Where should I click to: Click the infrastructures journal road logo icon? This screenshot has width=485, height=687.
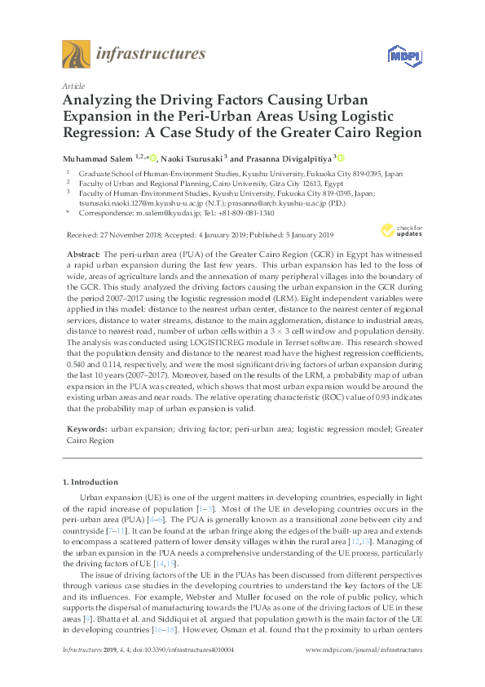pyautogui.click(x=75, y=55)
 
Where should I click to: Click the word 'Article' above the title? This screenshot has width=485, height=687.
pyautogui.click(x=72, y=85)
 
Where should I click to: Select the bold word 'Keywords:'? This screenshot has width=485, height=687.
pyautogui.click(x=86, y=428)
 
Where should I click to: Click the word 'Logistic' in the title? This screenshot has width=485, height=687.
pyautogui.click(x=364, y=115)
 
